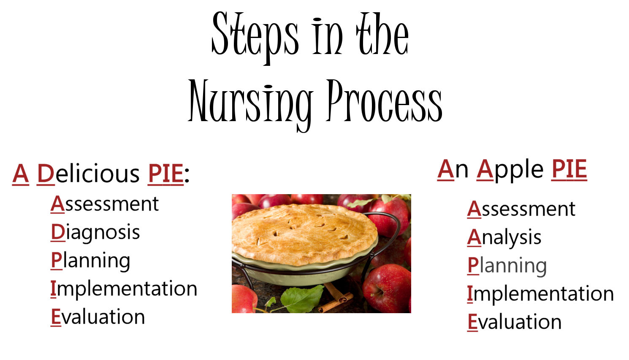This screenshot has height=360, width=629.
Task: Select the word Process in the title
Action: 384,101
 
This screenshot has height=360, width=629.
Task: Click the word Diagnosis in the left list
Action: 95,233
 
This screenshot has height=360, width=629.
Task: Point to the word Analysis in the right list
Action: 504,238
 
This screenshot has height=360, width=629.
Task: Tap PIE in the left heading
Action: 166,173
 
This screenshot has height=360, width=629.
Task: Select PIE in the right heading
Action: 569,169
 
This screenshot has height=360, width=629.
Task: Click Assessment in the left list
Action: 105,204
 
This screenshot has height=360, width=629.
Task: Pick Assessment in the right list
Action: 521,209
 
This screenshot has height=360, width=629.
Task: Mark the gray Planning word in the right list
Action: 507,266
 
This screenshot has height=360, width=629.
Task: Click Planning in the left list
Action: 90,261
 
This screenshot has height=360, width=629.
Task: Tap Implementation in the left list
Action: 124,289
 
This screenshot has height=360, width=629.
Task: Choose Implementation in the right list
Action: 540,294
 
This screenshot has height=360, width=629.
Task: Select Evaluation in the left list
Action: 98,317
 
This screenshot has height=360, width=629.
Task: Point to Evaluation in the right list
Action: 514,322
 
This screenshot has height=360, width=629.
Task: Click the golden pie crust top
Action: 304,232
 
